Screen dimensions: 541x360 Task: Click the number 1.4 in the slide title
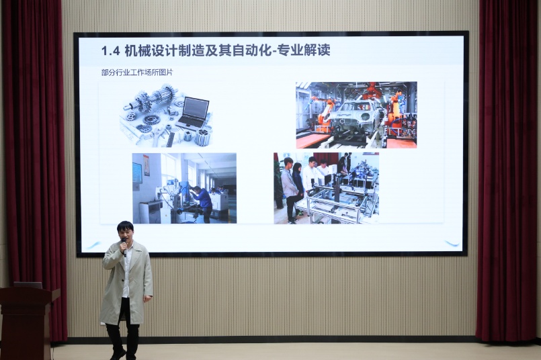click(110, 50)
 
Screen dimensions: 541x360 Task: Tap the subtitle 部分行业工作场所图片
click(137, 73)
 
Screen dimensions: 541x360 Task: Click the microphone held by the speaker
click(124, 246)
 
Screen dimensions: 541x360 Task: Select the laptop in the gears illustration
click(194, 113)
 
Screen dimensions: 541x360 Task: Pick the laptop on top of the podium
click(28, 285)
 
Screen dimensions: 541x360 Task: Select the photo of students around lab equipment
click(327, 188)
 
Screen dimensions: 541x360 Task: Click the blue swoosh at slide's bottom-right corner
click(452, 243)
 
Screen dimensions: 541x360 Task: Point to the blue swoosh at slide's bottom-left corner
click(93, 246)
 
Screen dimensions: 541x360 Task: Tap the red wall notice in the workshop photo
click(147, 165)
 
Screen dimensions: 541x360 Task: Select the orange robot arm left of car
click(325, 112)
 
